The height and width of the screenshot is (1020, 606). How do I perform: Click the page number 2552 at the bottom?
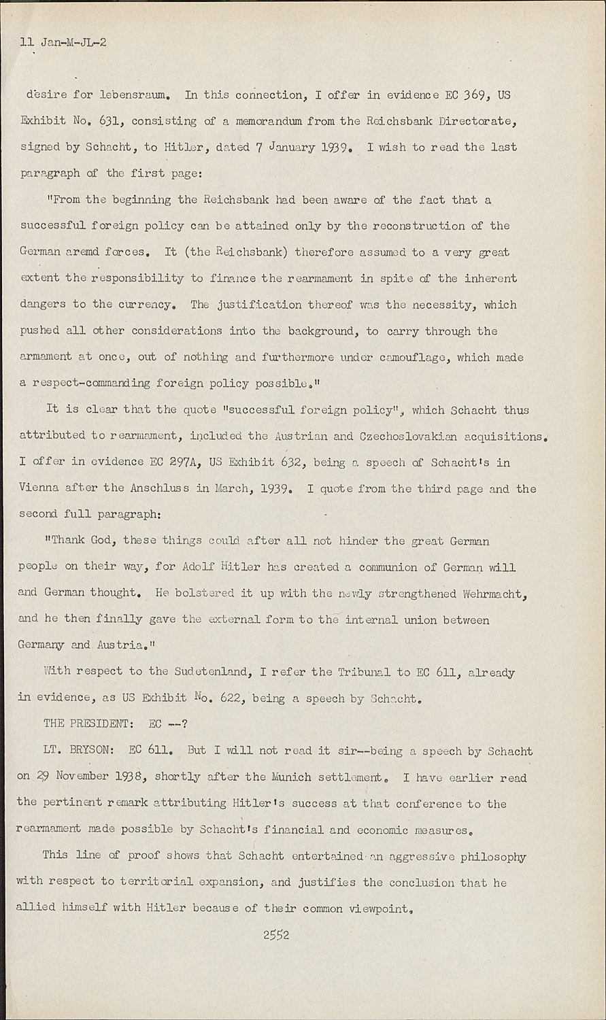[x=276, y=934]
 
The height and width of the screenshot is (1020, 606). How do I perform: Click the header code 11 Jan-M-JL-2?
[x=63, y=42]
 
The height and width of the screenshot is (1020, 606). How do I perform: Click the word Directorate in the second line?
[x=477, y=121]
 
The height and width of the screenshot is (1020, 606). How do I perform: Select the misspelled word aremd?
[x=82, y=252]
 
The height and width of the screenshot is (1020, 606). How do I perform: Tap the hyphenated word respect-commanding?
[x=84, y=384]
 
